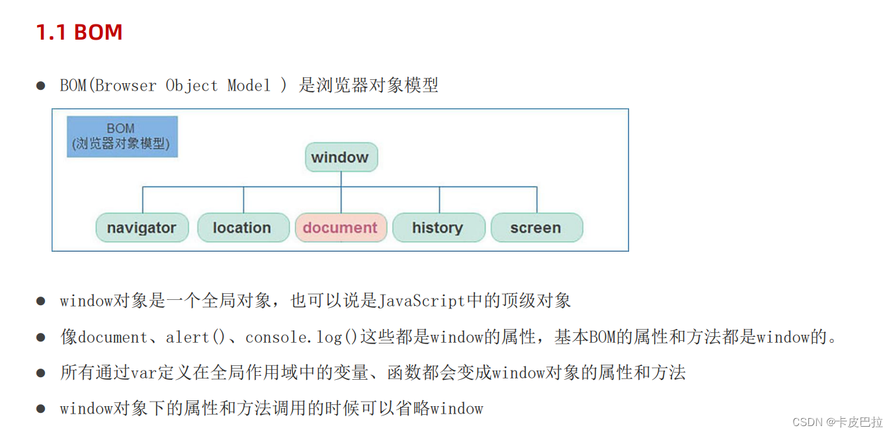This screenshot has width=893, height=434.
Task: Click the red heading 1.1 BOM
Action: click(79, 32)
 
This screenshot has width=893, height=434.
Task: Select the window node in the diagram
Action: click(341, 157)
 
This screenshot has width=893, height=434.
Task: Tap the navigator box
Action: click(142, 227)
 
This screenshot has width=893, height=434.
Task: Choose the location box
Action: click(243, 227)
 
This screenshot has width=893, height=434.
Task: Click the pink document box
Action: click(341, 227)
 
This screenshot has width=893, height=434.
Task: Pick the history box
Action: click(438, 227)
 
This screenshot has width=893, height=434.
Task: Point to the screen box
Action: click(536, 227)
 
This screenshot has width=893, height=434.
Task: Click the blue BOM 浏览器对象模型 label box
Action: click(122, 137)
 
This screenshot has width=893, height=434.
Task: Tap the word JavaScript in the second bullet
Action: click(421, 301)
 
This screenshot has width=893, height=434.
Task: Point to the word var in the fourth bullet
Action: click(142, 373)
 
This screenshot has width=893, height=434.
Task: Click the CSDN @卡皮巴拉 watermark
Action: click(837, 421)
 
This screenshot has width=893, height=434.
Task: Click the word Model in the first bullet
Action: click(249, 86)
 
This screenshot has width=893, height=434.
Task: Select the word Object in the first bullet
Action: click(191, 86)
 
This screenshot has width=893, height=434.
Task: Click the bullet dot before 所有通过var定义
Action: click(41, 373)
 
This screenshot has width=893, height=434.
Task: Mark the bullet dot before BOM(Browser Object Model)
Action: click(41, 86)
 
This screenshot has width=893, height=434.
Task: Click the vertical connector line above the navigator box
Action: click(143, 199)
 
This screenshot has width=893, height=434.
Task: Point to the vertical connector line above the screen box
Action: click(536, 199)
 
